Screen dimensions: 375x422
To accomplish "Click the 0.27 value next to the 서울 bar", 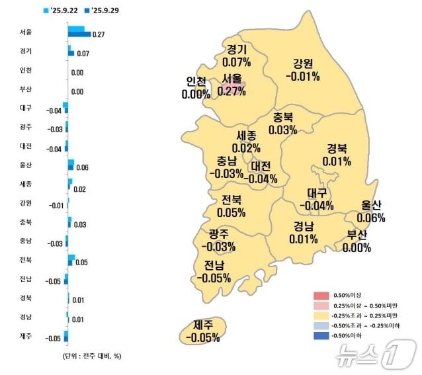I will click(x=99, y=34).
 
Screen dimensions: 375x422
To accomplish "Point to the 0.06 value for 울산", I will click(x=82, y=168).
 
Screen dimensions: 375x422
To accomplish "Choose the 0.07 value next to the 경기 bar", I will click(x=83, y=53).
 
